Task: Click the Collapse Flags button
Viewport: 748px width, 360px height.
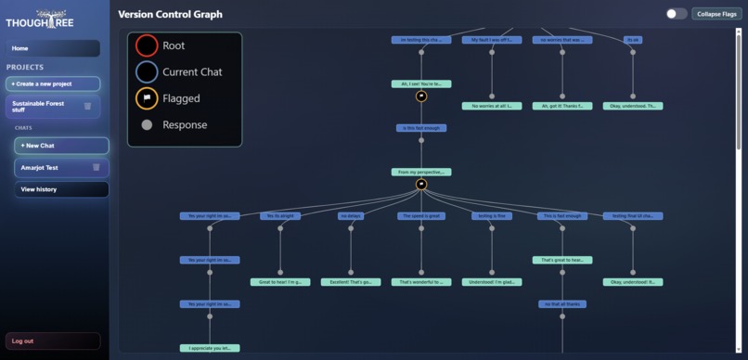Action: click(716, 14)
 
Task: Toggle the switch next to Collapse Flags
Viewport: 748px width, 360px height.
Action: click(677, 14)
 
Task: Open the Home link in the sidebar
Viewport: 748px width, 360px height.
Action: click(53, 48)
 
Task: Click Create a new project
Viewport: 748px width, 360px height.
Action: click(53, 84)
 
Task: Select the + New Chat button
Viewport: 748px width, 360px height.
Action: click(61, 146)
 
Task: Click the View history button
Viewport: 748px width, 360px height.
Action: click(61, 189)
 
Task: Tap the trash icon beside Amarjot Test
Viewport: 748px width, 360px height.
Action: click(96, 167)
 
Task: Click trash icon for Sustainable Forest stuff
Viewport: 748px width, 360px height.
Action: click(87, 106)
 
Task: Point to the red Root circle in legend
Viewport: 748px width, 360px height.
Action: click(147, 45)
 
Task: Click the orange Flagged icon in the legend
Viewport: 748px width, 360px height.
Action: click(147, 98)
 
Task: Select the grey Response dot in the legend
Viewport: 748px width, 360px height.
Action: click(147, 125)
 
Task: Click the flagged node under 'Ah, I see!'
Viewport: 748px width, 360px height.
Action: click(421, 96)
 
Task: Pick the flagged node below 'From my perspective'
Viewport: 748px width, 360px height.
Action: click(421, 185)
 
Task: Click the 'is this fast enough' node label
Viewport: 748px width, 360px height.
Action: click(421, 128)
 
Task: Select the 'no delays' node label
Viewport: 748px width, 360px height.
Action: click(350, 216)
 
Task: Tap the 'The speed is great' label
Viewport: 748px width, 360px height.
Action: click(421, 216)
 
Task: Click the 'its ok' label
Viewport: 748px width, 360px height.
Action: click(633, 40)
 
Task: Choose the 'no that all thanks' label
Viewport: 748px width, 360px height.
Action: click(562, 304)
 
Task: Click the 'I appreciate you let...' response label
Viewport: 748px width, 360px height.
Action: click(210, 348)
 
